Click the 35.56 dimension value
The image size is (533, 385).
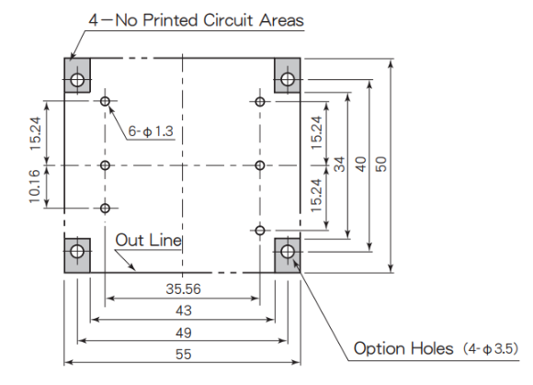(x=183, y=289)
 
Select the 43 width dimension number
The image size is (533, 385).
(x=184, y=311)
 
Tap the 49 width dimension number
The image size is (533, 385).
(x=184, y=333)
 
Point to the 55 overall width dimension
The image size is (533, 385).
(x=184, y=355)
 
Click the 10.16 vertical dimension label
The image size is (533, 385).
(x=35, y=187)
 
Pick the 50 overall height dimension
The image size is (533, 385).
(x=381, y=164)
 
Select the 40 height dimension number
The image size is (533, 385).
(x=360, y=164)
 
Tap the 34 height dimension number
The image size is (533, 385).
(x=339, y=164)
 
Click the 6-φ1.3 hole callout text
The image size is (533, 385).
(x=151, y=131)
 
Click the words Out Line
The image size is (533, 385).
(x=149, y=240)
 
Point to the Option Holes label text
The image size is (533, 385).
(x=403, y=348)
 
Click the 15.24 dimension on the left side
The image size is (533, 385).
(x=35, y=133)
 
